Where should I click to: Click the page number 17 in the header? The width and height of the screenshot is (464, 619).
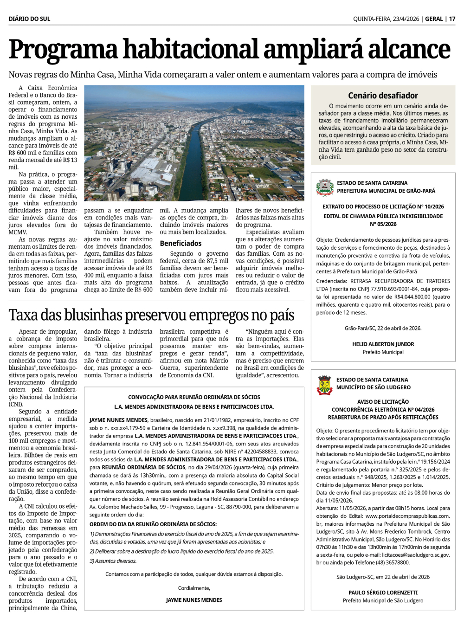pyautogui.click(x=452, y=19)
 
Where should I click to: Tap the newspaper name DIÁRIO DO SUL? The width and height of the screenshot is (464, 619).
pyautogui.click(x=29, y=19)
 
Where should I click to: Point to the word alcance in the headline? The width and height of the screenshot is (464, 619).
pyautogui.click(x=410, y=50)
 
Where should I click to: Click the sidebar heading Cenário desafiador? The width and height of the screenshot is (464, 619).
pyautogui.click(x=383, y=96)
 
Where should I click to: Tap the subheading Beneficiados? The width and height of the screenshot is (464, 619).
pyautogui.click(x=180, y=243)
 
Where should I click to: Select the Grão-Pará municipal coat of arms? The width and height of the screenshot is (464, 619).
pyautogui.click(x=325, y=187)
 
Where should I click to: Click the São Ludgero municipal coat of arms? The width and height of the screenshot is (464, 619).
pyautogui.click(x=324, y=385)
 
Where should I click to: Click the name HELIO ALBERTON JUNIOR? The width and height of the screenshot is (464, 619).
pyautogui.click(x=383, y=344)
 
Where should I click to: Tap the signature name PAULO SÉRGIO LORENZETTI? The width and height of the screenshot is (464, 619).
pyautogui.click(x=383, y=593)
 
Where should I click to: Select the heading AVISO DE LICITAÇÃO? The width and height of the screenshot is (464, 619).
pyautogui.click(x=383, y=402)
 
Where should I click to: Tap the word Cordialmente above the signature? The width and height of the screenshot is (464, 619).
pyautogui.click(x=194, y=588)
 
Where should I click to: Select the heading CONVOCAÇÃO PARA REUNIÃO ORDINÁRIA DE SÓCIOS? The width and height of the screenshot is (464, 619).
pyautogui.click(x=194, y=397)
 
